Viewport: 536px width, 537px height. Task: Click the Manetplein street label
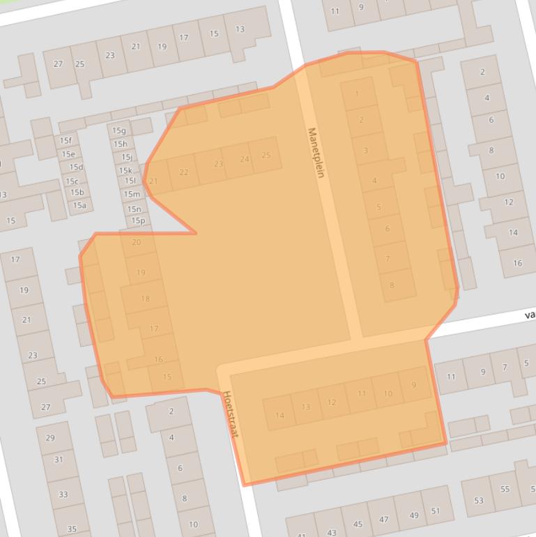tap(316, 152)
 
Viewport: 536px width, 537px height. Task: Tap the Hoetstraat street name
tap(231, 414)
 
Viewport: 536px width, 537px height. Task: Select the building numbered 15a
tap(79, 205)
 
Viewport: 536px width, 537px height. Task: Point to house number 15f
tap(66, 141)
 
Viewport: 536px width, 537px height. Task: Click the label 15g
tap(119, 130)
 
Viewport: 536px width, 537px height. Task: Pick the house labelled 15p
tap(138, 221)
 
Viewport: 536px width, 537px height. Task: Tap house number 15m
tap(132, 194)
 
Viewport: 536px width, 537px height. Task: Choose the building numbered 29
tap(50, 438)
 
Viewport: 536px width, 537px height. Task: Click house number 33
tap(63, 494)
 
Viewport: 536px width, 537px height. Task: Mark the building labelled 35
tap(72, 529)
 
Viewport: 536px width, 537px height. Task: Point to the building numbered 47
tap(384, 520)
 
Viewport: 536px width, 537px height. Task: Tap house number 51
tap(436, 511)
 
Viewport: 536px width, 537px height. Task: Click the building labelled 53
tap(479, 500)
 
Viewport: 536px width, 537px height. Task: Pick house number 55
tap(505, 490)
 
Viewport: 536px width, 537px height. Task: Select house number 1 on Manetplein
tap(357, 94)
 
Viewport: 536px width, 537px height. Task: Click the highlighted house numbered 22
tap(183, 172)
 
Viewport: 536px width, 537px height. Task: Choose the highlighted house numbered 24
tap(244, 160)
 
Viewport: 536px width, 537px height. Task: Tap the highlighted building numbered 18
tap(145, 299)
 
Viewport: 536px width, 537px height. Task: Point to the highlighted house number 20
tap(136, 243)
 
